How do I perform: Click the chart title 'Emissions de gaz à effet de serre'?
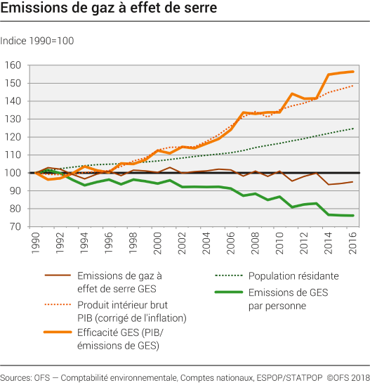pyautogui.click(x=108, y=9)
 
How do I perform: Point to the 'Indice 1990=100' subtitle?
pyautogui.click(x=37, y=41)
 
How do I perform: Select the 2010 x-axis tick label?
pyautogui.click(x=279, y=244)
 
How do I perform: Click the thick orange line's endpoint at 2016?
pyautogui.click(x=352, y=72)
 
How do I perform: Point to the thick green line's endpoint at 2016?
pyautogui.click(x=352, y=216)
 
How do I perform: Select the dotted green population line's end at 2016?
pyautogui.click(x=352, y=129)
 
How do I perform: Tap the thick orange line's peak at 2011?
pyautogui.click(x=292, y=93)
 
